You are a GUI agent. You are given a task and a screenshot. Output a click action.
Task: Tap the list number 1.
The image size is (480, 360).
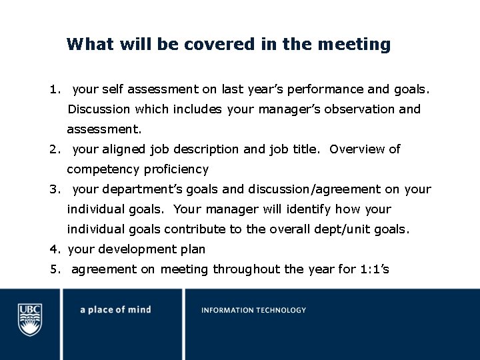point(55,89)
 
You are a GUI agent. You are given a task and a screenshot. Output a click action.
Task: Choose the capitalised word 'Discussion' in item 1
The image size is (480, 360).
point(99,109)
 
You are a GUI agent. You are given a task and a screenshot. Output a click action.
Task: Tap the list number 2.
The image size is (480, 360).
point(55,149)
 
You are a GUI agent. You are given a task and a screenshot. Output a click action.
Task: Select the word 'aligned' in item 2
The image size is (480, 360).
point(123,149)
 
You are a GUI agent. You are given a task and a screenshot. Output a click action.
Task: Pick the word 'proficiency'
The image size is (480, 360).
point(174,169)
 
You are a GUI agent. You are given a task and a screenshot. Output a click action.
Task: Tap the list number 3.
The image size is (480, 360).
point(55,189)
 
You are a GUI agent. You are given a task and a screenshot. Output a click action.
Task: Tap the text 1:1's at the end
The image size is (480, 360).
point(375,269)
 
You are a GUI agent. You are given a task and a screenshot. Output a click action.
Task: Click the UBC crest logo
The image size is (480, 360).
point(29,319)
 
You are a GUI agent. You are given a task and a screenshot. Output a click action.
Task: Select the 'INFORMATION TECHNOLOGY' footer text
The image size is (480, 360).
point(254,310)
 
